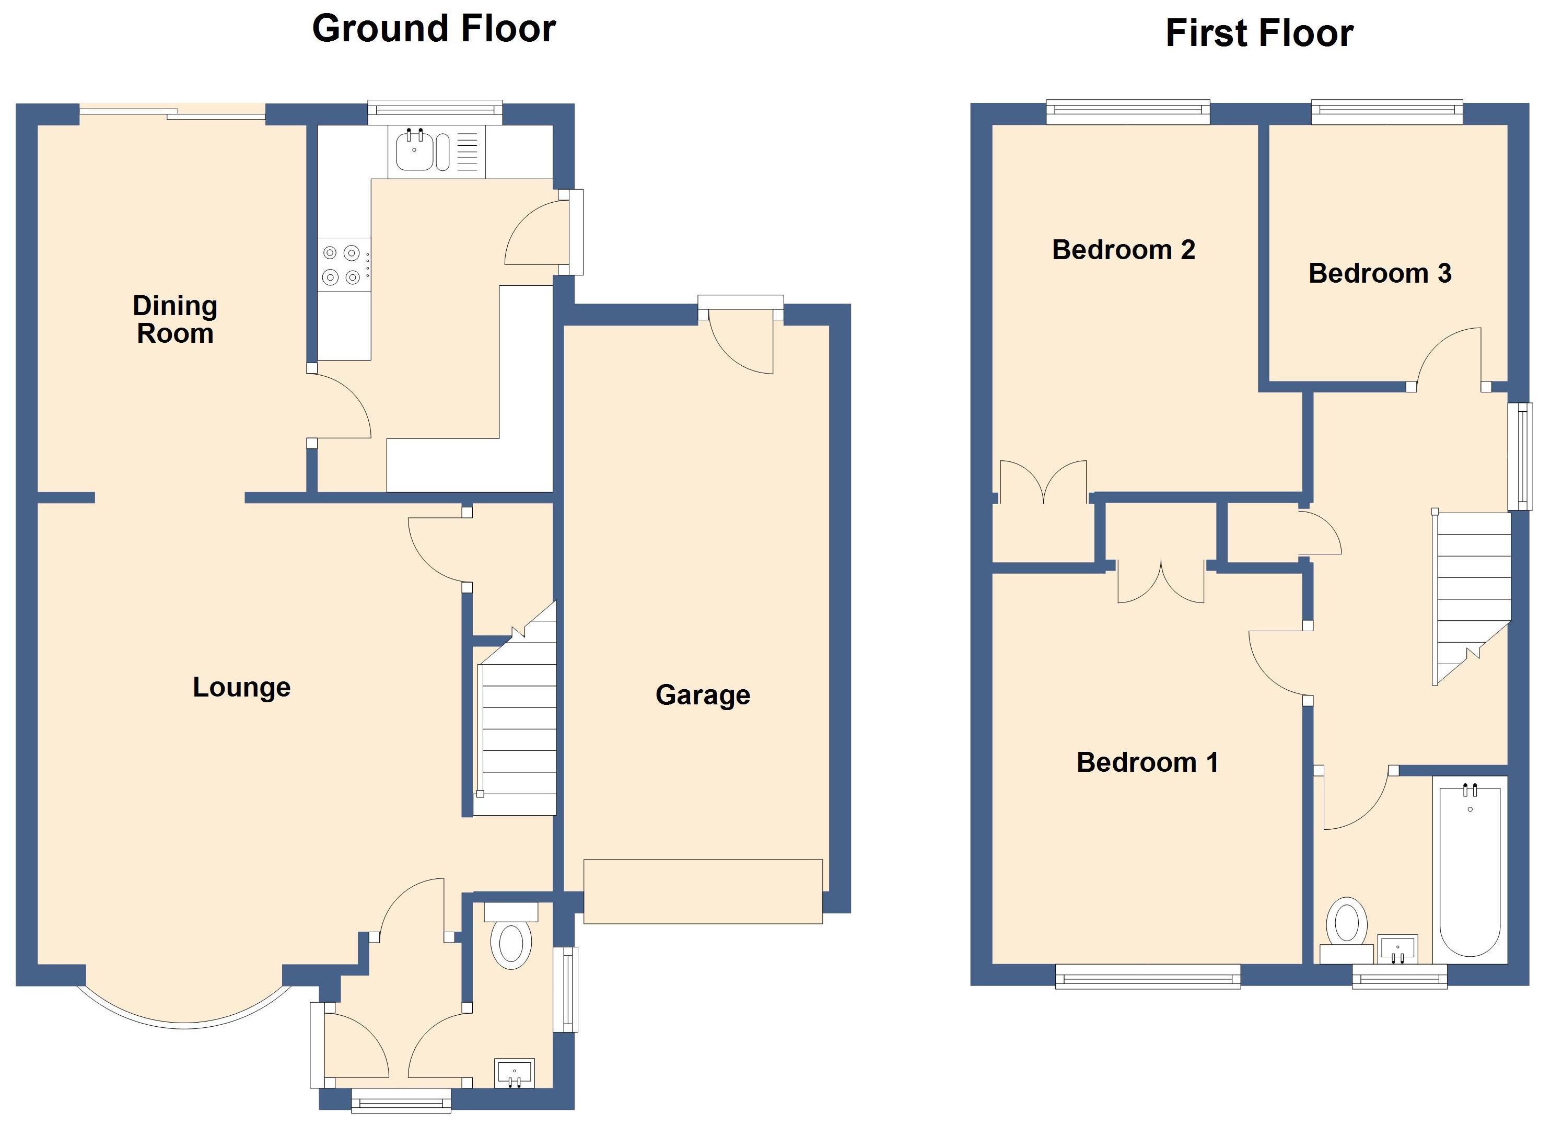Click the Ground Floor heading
click(x=434, y=29)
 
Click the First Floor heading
click(x=1258, y=33)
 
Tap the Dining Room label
click(x=175, y=320)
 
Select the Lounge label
click(x=241, y=687)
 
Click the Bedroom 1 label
click(x=1147, y=762)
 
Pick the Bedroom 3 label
click(x=1380, y=274)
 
